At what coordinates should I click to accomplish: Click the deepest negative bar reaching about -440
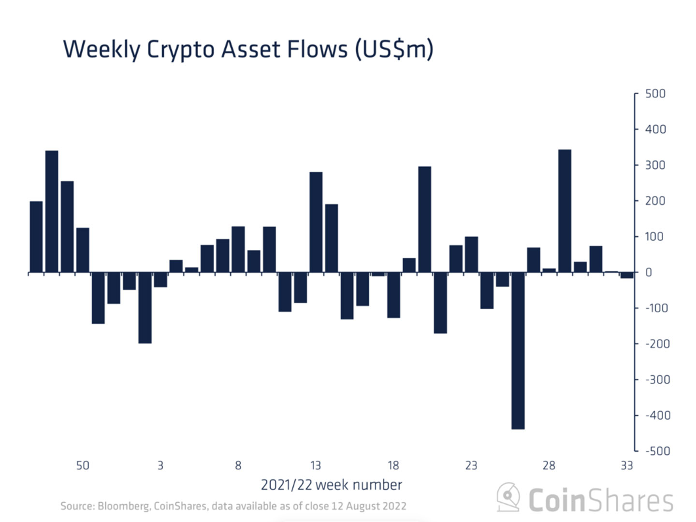point(518,350)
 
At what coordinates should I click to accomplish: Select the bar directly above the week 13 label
point(316,222)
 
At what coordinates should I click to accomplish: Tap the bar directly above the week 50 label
point(83,250)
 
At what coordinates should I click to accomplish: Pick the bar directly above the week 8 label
point(238,249)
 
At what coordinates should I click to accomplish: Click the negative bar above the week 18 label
point(393,295)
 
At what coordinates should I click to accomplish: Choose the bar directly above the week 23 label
point(471,254)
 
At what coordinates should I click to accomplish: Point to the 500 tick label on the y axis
point(655,94)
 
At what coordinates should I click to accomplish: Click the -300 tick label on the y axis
point(657,380)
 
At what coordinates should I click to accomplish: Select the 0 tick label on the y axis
point(649,273)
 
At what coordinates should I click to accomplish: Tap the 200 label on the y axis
point(655,201)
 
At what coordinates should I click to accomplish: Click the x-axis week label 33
point(626,465)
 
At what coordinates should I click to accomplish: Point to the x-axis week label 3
point(160,465)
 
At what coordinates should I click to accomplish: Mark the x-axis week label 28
point(549,465)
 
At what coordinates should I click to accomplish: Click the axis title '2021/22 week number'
point(331,485)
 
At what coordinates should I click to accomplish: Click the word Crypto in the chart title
point(180,50)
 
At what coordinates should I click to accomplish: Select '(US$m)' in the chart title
point(394,50)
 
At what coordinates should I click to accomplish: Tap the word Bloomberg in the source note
point(124,506)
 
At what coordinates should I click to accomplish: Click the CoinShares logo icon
point(508,498)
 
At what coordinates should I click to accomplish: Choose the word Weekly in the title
point(101,50)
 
